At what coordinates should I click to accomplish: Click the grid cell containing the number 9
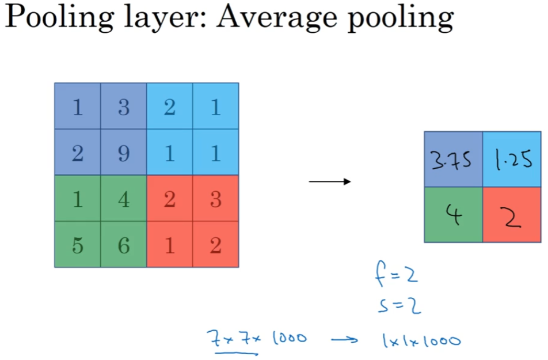124,153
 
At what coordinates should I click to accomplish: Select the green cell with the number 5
78,245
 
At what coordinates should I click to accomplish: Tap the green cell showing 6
124,245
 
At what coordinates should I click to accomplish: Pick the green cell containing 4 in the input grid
124,199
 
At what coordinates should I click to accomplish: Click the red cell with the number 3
216,199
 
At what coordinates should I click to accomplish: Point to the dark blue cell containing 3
124,107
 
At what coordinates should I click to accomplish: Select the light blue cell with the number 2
170,107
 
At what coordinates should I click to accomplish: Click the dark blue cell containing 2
78,153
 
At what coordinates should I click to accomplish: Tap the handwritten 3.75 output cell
454,160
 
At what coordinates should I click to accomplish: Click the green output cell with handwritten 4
454,215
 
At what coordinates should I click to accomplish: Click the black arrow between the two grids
330,182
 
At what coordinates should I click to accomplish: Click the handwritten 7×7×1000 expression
257,339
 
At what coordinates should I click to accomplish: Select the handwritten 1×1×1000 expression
421,340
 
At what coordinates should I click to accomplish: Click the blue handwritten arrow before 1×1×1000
345,340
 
